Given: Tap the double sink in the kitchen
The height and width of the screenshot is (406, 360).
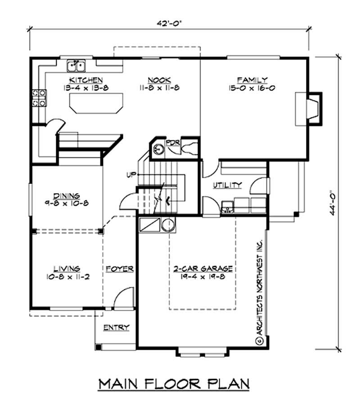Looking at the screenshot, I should coord(77,67).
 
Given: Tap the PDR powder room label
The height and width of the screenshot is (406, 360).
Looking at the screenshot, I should coord(173,143).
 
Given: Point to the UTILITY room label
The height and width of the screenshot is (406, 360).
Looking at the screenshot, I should coord(227,185).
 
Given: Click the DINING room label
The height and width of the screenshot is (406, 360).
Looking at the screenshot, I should coord(67,196).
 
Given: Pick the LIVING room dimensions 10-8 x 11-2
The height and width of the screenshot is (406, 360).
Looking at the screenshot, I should coord(67,276).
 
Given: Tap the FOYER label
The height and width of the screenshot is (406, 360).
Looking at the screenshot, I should coord(120,269).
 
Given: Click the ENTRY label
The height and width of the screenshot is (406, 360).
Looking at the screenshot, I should coord(116,327).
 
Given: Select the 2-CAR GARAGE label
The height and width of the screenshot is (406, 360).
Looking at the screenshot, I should coord(203,269).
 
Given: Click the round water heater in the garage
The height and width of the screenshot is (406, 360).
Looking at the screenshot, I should coord(168,224).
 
